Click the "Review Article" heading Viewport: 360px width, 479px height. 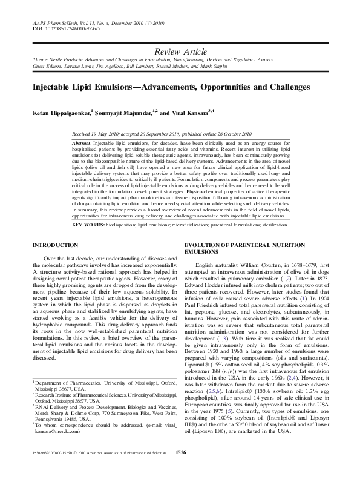(x=180, y=53)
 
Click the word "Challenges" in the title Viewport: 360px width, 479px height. (x=285, y=87)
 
